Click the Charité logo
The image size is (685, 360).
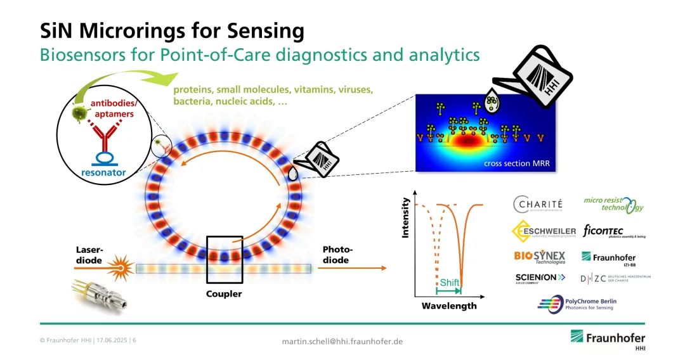pyautogui.click(x=538, y=205)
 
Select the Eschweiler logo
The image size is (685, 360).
pyautogui.click(x=544, y=231)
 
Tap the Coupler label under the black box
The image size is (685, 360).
pyautogui.click(x=224, y=294)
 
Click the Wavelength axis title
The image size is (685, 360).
pyautogui.click(x=448, y=306)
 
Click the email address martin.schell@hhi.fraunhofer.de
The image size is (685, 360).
pyautogui.click(x=342, y=342)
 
